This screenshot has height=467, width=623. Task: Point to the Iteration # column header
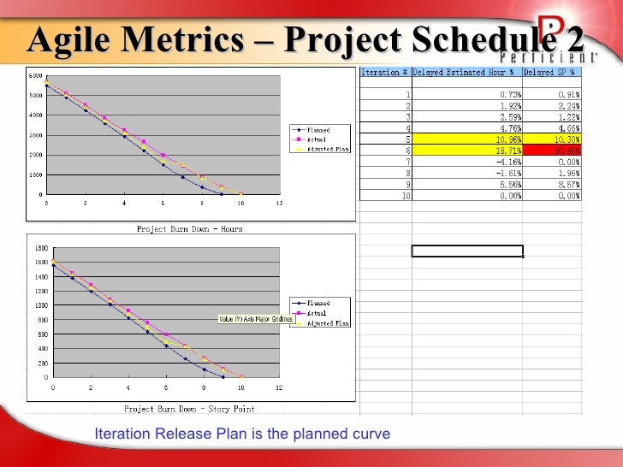[x=385, y=72]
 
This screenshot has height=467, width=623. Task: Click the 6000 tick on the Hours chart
[x=35, y=76]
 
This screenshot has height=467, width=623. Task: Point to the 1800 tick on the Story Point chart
[x=40, y=248]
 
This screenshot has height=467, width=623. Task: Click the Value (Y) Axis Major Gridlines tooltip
[x=256, y=320]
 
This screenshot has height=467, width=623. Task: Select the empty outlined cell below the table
[x=467, y=251]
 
